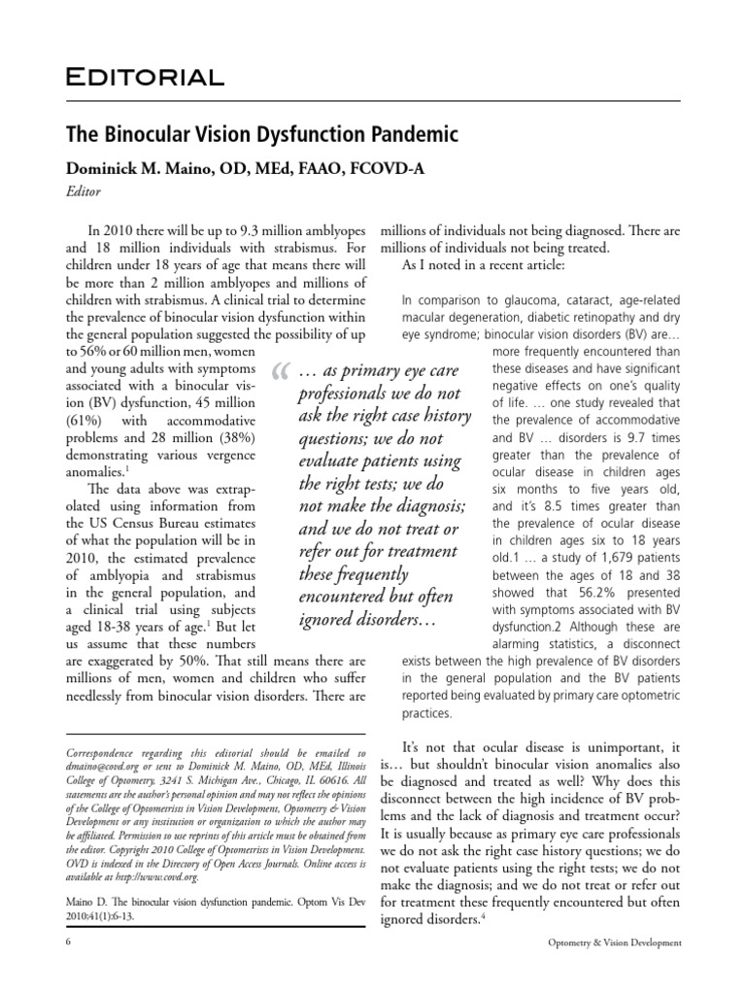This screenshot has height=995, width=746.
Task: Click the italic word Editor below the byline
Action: coord(84,192)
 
